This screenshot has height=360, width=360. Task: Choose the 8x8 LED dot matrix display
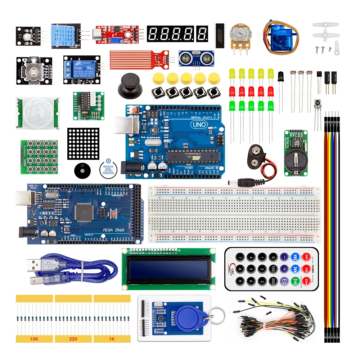83,144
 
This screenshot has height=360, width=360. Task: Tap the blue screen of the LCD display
169,269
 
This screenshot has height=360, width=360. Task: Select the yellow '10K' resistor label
34,339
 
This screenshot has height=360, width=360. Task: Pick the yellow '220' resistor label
73,339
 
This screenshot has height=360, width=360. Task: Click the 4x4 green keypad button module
39,158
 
